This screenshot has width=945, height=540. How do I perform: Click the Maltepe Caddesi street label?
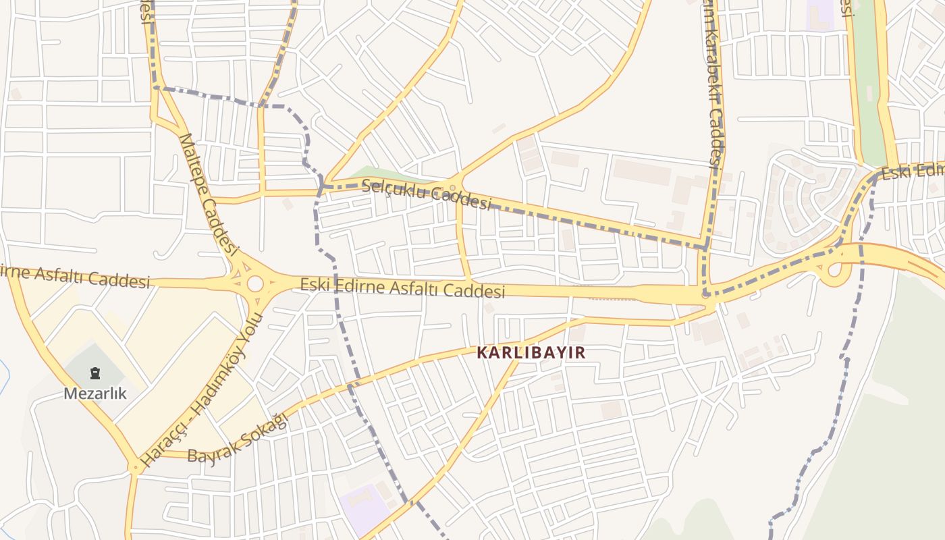coord(209,195)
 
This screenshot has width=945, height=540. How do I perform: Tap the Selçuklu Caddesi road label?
coord(426,194)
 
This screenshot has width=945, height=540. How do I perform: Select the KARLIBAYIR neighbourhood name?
coord(531,352)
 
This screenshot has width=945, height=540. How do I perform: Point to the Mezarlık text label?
coord(95,393)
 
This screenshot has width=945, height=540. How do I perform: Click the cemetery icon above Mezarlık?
coord(95,373)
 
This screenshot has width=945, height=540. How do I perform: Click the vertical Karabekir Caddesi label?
coord(713,81)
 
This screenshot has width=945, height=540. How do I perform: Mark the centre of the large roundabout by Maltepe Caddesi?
coord(255,283)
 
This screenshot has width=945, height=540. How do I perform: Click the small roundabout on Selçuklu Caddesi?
coord(453,188)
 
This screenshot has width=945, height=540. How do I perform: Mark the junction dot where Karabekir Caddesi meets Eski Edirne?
coord(706,294)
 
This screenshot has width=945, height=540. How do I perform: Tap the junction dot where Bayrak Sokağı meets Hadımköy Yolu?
coord(135,466)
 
